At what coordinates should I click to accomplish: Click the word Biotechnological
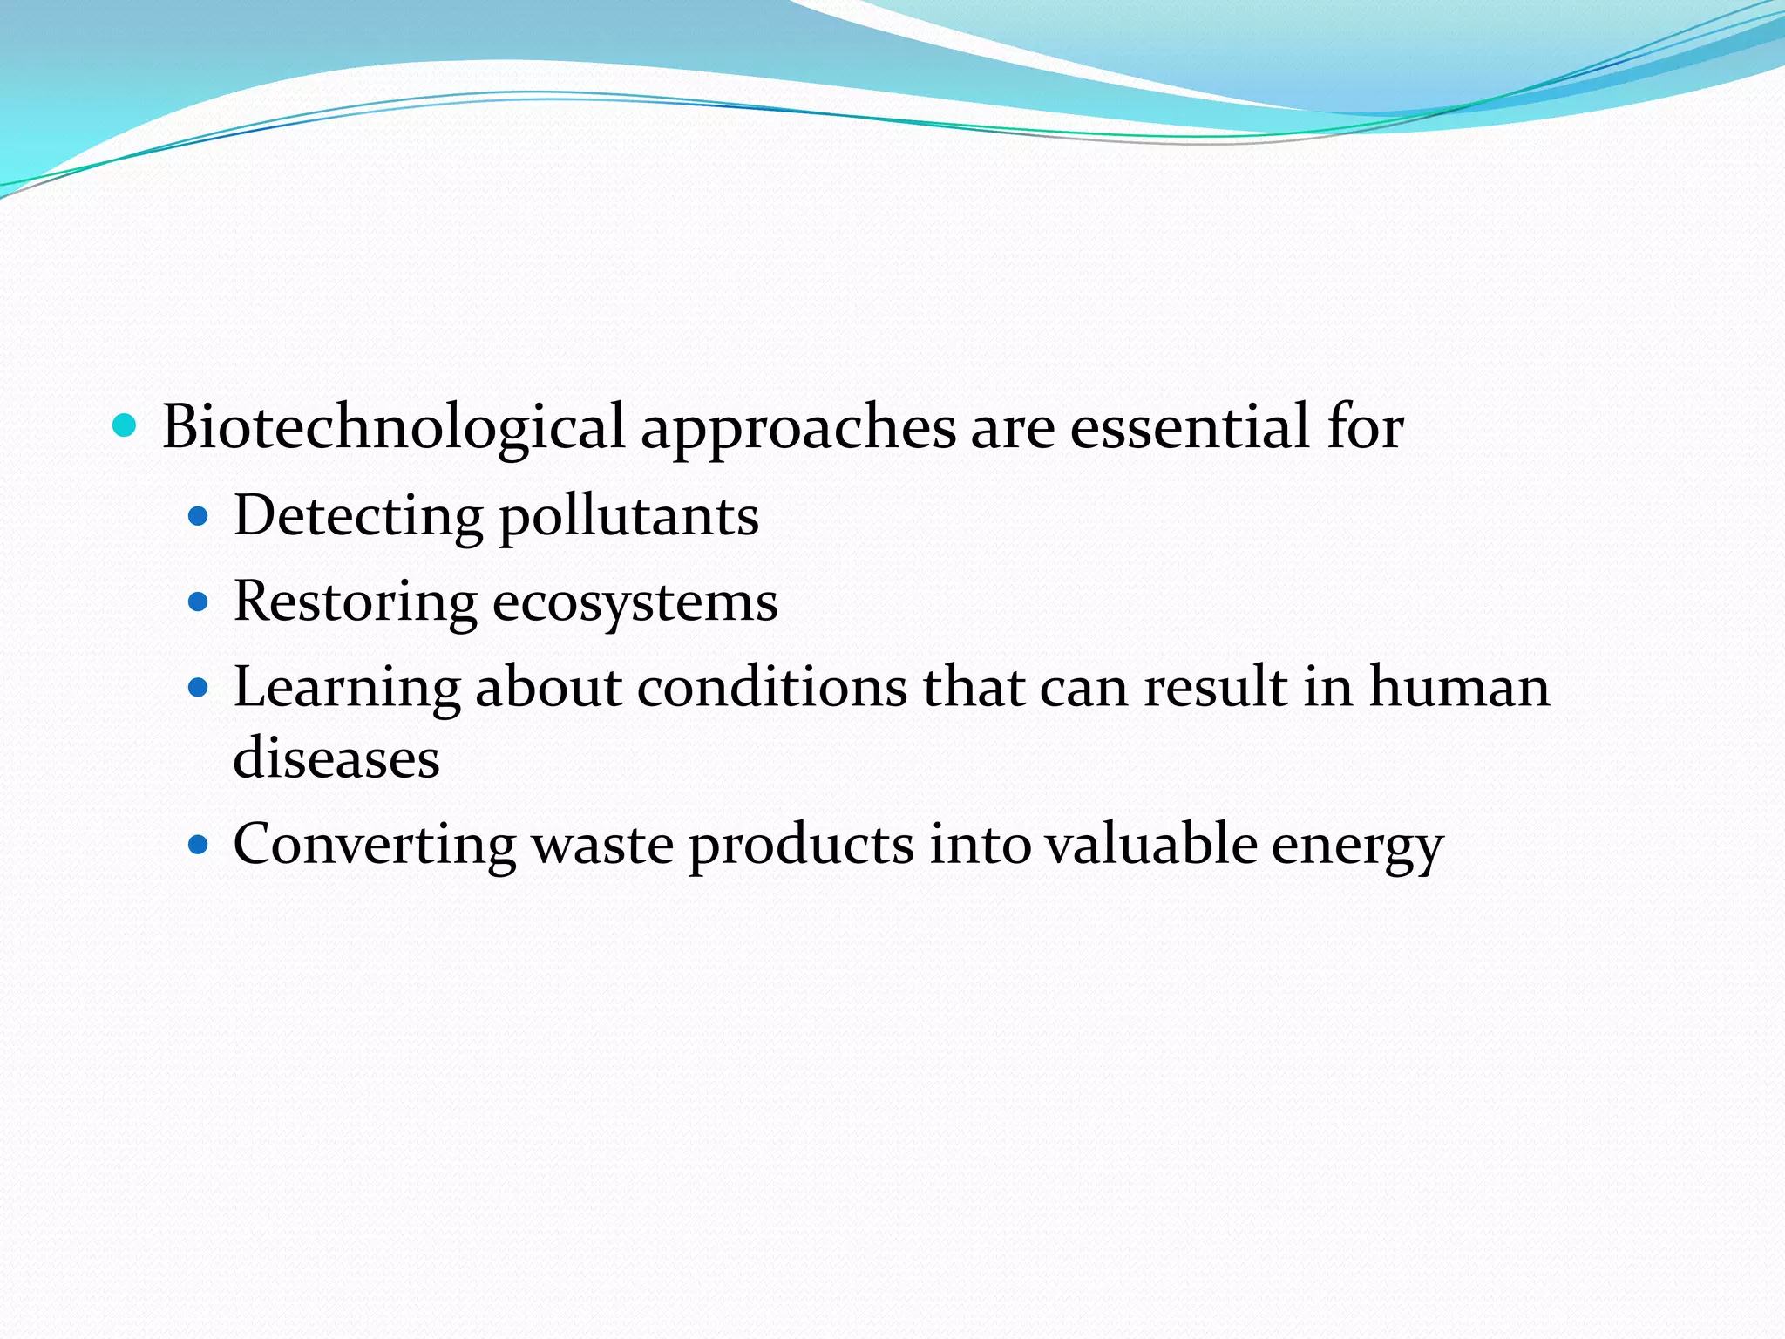(x=393, y=427)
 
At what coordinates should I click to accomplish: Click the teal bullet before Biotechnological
(x=126, y=426)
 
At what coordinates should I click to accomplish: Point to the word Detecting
(x=358, y=516)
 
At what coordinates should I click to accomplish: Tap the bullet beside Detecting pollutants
(x=200, y=517)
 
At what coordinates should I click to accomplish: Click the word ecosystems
(x=635, y=602)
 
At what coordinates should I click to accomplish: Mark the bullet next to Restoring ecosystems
(x=200, y=602)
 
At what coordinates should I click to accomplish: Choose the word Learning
(x=347, y=688)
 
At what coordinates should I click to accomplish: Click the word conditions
(x=772, y=687)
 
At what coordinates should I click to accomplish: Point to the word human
(x=1459, y=686)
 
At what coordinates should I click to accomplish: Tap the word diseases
(x=336, y=757)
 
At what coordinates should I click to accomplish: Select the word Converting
(x=375, y=846)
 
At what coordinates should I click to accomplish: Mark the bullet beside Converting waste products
(x=200, y=845)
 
